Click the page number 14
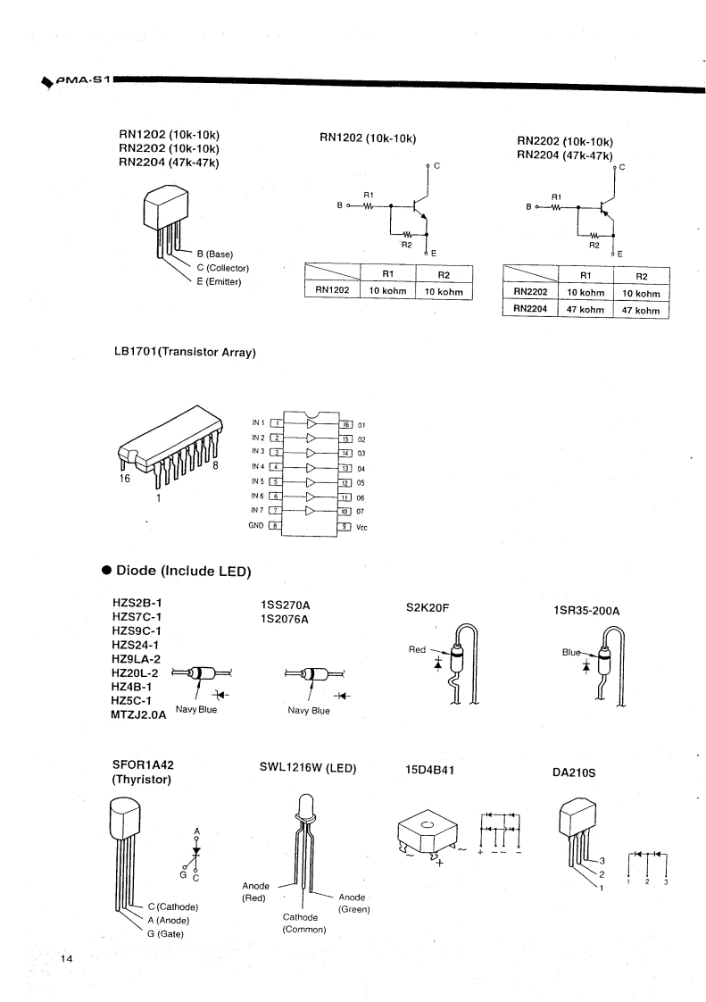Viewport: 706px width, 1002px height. coord(67,958)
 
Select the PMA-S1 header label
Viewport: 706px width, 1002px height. coord(83,79)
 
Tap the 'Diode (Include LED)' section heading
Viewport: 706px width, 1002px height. coord(183,571)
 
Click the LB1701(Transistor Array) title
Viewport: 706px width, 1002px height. coord(185,352)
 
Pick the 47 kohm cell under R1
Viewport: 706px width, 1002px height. coord(586,309)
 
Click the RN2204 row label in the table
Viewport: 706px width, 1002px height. coord(530,309)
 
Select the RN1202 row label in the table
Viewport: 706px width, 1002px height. coord(332,289)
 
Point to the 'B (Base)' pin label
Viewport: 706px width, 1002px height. coord(215,255)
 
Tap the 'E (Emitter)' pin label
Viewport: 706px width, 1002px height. coord(220,282)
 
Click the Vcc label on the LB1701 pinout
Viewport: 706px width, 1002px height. coord(361,527)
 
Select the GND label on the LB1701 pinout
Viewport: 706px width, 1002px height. coord(255,525)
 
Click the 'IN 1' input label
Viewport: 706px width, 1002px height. coord(258,422)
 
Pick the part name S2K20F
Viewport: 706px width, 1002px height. coord(428,607)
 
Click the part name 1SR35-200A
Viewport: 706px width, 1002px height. coord(586,611)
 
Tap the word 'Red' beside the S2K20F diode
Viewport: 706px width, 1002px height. coord(417,649)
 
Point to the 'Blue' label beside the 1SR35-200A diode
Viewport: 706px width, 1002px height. coord(571,652)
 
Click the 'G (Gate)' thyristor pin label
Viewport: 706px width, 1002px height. coord(165,933)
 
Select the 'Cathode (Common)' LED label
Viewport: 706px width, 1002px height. coord(304,923)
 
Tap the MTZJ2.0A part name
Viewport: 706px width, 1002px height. coord(138,714)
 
